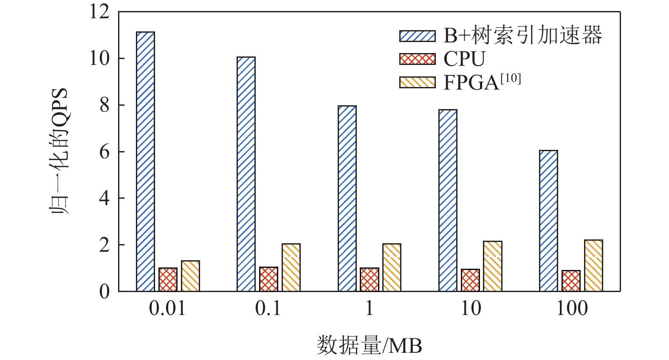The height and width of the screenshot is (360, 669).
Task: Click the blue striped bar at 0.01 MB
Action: click(145, 161)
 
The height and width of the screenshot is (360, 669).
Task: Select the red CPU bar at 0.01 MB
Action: click(168, 279)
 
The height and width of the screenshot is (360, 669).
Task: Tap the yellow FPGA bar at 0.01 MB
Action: click(190, 276)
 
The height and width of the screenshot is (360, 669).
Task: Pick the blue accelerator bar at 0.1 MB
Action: click(246, 174)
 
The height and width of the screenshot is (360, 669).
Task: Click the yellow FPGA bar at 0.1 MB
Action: click(291, 267)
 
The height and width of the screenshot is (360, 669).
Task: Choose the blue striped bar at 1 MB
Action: click(347, 198)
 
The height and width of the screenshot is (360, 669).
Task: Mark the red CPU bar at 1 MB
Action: click(370, 279)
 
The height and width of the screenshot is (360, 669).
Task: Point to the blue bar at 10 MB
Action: click(448, 200)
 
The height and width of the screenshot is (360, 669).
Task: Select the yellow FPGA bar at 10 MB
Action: click(493, 266)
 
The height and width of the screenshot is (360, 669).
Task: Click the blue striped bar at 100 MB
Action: click(548, 221)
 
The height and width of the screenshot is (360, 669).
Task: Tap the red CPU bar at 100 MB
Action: click(571, 281)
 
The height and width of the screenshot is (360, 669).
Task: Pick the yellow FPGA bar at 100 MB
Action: click(593, 266)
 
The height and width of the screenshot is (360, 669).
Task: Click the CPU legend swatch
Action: click(417, 59)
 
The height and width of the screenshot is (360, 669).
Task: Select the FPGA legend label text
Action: click(482, 82)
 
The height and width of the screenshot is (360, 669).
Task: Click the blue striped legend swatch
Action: click(417, 36)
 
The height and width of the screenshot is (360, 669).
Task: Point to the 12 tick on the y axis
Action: click(99, 11)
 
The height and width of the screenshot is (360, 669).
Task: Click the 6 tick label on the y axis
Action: click(104, 152)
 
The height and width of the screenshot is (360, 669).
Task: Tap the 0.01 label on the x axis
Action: click(167, 309)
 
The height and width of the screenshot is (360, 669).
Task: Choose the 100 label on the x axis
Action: click(572, 309)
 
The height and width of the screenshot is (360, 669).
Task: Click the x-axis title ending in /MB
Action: click(369, 346)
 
